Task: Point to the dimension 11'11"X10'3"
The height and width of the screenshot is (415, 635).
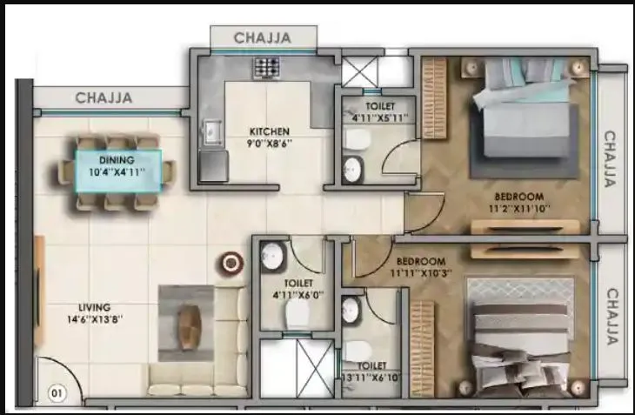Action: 421,273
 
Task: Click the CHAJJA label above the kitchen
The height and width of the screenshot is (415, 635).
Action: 262,37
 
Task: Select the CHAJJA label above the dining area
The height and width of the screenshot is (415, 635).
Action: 104,98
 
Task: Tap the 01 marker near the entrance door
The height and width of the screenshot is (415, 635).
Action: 57,393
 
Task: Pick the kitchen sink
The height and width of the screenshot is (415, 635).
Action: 211,132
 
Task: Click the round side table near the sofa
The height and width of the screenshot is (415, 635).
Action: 231,262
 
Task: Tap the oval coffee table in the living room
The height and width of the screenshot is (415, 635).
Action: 190,329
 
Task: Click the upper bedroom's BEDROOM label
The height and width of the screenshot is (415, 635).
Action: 518,197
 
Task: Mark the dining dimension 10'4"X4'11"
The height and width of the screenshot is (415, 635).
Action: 116,172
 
